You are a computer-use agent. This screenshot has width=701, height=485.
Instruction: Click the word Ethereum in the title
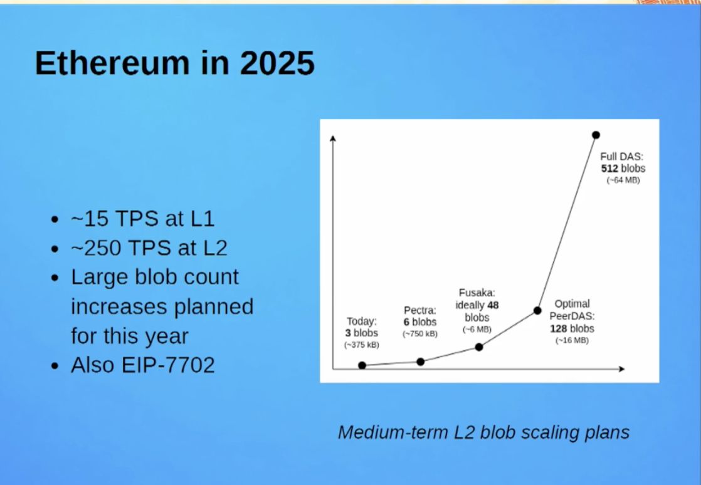tap(112, 63)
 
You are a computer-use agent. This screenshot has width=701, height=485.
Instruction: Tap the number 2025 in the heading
tap(277, 63)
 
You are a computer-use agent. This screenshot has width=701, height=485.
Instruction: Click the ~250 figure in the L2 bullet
tap(96, 248)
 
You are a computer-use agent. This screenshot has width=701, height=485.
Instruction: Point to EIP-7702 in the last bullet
tap(168, 365)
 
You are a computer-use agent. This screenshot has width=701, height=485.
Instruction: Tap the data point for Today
tap(362, 365)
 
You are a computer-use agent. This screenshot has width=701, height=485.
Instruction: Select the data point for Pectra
tap(421, 362)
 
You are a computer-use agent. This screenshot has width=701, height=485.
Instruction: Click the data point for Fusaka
tap(479, 347)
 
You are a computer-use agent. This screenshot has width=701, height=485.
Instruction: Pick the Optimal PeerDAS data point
tap(537, 310)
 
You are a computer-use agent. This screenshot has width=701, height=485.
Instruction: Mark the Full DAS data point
tap(596, 135)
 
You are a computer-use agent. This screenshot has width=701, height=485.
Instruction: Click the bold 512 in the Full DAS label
tap(609, 169)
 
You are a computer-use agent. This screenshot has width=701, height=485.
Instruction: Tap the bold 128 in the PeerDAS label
tap(559, 329)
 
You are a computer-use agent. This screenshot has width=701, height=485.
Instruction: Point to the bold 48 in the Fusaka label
tap(493, 305)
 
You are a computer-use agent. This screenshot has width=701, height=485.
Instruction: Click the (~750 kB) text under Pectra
tap(420, 334)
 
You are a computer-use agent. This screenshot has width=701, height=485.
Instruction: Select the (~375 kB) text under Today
tap(362, 345)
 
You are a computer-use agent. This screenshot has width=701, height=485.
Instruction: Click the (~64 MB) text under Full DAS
tap(623, 180)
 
